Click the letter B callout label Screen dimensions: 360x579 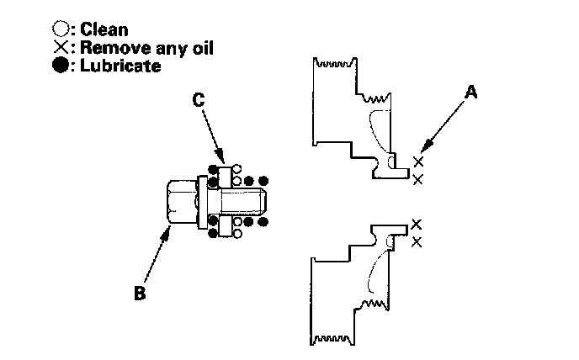click(141, 294)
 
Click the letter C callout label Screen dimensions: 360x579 click(199, 99)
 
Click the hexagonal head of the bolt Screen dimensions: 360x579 click(180, 202)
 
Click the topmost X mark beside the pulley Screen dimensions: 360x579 click(418, 161)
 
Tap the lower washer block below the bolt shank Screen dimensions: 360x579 click(225, 226)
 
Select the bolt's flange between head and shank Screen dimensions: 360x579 click(202, 202)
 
